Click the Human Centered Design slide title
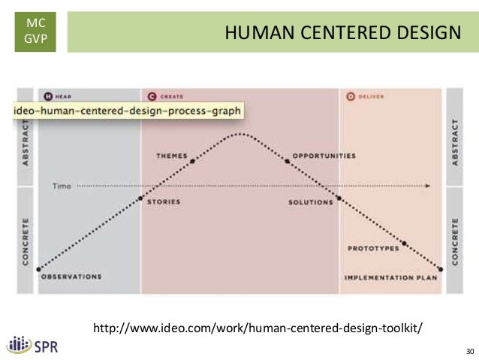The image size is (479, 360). [x=342, y=32]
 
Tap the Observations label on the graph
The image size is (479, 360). [x=71, y=277]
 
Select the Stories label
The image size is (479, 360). [x=163, y=202]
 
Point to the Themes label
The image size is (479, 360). [x=171, y=156]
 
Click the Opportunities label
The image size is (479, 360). [x=324, y=156]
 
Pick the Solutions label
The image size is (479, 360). [x=310, y=202]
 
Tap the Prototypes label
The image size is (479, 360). [x=372, y=248]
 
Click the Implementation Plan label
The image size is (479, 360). [x=390, y=277]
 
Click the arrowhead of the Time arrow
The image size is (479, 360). [x=429, y=185]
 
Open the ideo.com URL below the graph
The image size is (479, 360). [x=258, y=328]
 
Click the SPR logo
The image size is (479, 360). [x=32, y=346]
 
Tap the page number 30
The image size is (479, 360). [x=470, y=351]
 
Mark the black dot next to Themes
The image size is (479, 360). [x=193, y=161]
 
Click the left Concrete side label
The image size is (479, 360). [x=26, y=241]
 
